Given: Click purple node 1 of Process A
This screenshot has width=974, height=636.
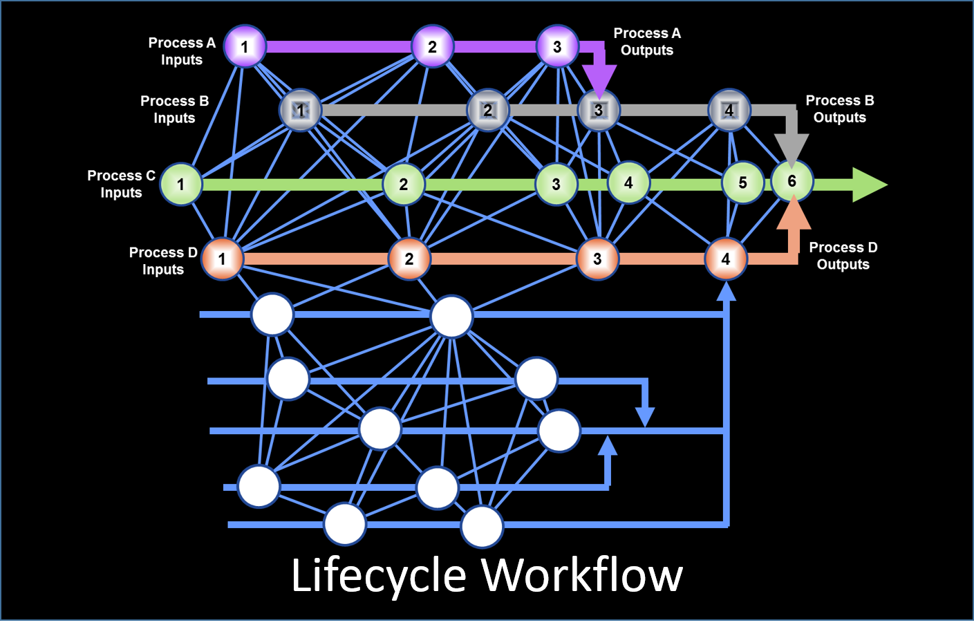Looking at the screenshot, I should (245, 46).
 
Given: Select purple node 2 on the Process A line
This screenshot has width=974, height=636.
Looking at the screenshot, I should (433, 46).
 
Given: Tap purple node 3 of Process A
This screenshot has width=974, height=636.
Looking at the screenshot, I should (557, 46).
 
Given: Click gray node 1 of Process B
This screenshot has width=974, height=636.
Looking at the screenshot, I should (300, 110).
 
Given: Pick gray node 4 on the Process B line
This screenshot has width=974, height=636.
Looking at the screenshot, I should (729, 110).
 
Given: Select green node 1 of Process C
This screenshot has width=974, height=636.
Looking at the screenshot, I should (181, 185).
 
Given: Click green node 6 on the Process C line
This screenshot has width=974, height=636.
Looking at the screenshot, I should (792, 181).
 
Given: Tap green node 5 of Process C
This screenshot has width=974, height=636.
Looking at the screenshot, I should (743, 183).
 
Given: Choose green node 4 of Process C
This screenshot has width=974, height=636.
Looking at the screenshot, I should (628, 183).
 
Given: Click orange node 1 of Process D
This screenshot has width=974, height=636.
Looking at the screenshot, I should (222, 259).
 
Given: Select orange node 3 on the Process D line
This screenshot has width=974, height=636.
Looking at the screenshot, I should (597, 259).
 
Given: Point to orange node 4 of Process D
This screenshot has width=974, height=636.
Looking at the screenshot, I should (726, 259).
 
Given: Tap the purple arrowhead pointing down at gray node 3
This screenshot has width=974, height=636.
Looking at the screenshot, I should (599, 79).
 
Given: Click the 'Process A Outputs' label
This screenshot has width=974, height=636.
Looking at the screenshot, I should (647, 41).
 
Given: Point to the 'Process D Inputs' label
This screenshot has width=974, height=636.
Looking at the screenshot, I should (163, 261).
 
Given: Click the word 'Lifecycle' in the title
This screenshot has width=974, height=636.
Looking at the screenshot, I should (379, 575).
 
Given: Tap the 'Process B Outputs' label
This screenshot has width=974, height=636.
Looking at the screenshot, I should (840, 109).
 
